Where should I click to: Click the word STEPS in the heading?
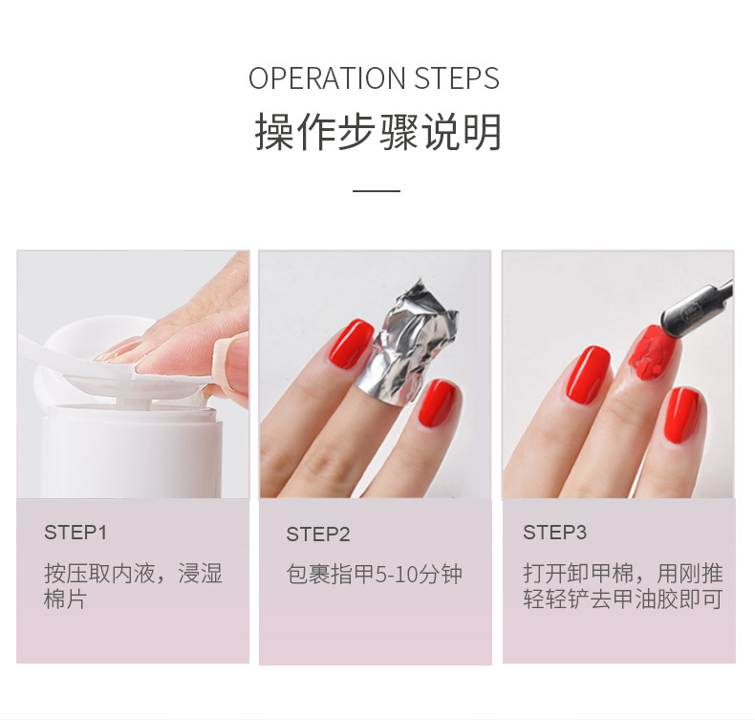[x=457, y=78]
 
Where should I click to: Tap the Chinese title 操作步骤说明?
[x=377, y=133]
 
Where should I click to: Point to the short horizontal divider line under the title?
[x=377, y=191]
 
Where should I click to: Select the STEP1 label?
[x=75, y=533]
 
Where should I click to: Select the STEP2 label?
[x=318, y=535]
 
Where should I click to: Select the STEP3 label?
[x=554, y=533]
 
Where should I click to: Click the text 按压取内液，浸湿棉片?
[x=133, y=587]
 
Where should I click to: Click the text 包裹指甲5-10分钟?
[x=374, y=575]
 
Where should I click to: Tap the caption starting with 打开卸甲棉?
[x=622, y=586]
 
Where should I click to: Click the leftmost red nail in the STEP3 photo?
[x=591, y=374]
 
